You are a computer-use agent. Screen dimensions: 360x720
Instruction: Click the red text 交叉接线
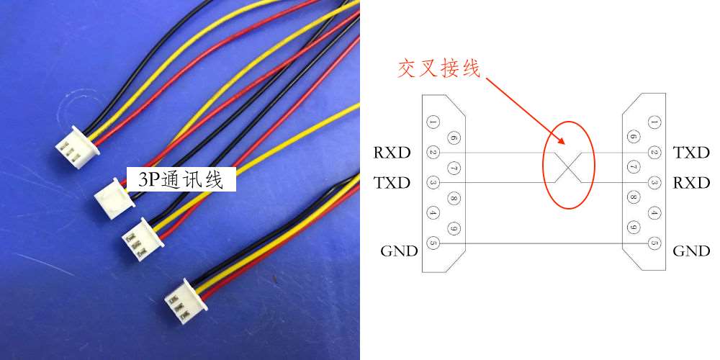tap(439, 68)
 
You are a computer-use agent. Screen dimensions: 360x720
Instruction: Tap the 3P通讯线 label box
tap(182, 179)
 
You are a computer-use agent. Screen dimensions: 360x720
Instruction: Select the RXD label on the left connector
tap(392, 153)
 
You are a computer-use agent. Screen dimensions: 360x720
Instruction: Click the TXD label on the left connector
tap(392, 183)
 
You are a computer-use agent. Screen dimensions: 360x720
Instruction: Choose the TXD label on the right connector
tap(691, 153)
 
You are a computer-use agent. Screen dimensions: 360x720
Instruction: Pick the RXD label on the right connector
tap(691, 183)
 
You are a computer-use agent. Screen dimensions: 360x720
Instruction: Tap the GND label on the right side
tap(691, 251)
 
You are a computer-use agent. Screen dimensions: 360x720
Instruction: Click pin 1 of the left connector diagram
tap(433, 122)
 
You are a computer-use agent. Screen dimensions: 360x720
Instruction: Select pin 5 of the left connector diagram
tap(433, 243)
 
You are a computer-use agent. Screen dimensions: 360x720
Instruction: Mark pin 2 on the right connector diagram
tap(654, 153)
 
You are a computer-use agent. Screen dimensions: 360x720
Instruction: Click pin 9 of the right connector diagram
tap(634, 228)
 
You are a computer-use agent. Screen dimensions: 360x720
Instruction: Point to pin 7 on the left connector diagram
tap(453, 168)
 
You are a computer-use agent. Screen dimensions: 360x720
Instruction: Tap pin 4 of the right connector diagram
tap(654, 213)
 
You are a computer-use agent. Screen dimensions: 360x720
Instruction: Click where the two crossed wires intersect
tap(569, 168)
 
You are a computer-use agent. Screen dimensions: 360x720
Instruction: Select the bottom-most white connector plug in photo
tap(185, 301)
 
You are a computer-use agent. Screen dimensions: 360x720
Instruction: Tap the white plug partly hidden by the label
tap(114, 194)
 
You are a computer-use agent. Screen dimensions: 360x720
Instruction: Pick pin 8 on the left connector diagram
tap(453, 198)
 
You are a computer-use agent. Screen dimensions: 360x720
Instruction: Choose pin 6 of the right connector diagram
tap(634, 138)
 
